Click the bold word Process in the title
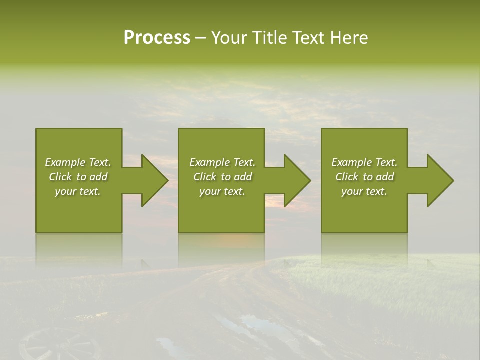tap(157, 38)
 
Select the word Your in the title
tap(230, 38)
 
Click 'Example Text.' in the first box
tap(78, 162)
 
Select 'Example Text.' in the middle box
tap(222, 162)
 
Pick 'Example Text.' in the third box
tap(364, 162)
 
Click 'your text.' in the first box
tap(78, 191)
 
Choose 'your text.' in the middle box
tap(222, 191)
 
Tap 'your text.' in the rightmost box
tap(364, 191)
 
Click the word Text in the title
tap(310, 38)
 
